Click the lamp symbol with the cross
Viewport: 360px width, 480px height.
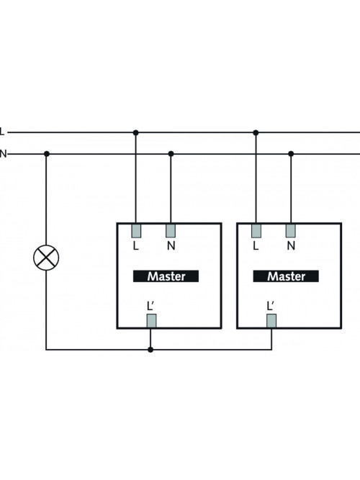(46, 258)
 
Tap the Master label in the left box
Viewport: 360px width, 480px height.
(166, 276)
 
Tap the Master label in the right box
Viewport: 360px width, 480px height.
(286, 276)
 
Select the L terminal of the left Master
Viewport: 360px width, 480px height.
(136, 231)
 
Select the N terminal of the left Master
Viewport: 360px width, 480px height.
(171, 231)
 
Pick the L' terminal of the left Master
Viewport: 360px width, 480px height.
(151, 321)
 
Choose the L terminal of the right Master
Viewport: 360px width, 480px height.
(256, 231)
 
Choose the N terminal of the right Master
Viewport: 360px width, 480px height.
(291, 231)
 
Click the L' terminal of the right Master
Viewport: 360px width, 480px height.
(271, 321)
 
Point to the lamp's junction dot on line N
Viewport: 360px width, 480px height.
(47, 154)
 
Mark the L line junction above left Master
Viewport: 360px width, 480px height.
(136, 132)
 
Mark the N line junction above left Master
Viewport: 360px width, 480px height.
(171, 154)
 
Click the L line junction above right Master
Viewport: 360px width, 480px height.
(256, 132)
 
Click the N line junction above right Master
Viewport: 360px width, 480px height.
(291, 154)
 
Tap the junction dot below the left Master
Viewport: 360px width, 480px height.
(150, 350)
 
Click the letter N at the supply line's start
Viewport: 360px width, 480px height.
(3, 154)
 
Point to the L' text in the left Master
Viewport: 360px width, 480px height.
(150, 306)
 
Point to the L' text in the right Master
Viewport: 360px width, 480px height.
(271, 306)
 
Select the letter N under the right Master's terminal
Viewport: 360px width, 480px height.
(291, 245)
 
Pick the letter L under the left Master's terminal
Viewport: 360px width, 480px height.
(136, 245)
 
